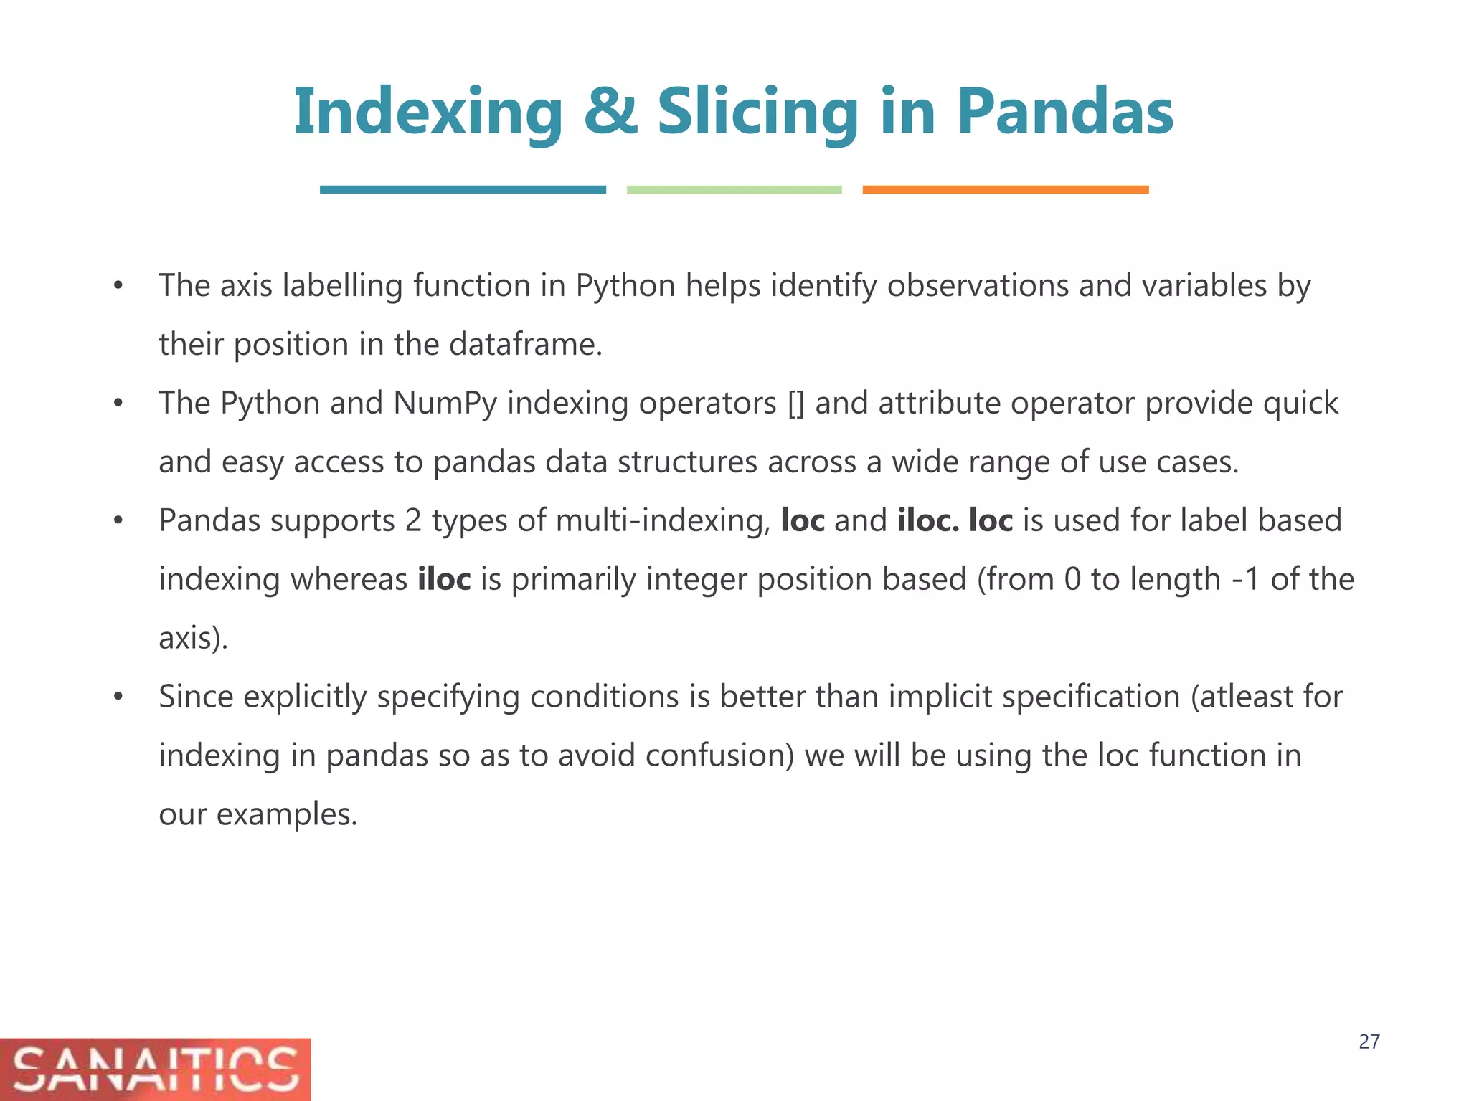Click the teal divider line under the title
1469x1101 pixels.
click(x=463, y=189)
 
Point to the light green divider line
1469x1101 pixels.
click(x=734, y=189)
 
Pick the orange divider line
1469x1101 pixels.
click(x=1005, y=189)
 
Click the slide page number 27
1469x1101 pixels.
click(x=1369, y=1042)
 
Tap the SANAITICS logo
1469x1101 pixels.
click(x=155, y=1069)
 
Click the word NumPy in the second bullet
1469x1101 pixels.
click(x=445, y=403)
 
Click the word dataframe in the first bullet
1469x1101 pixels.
click(x=525, y=345)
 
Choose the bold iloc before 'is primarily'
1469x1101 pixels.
click(x=444, y=579)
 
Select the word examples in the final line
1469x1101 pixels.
click(x=286, y=815)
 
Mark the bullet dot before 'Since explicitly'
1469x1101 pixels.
click(x=118, y=697)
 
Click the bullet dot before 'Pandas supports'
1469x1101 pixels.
click(x=118, y=520)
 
